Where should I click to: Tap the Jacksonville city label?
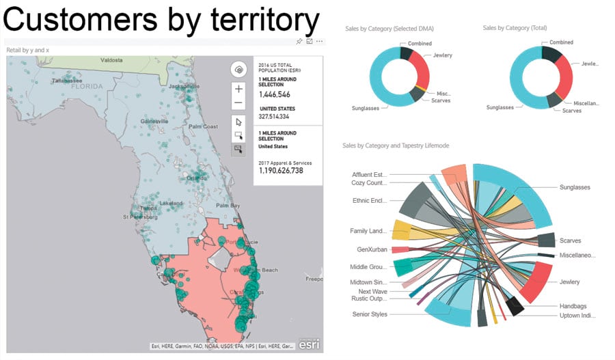pos(184,87)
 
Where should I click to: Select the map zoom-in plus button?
pos(238,89)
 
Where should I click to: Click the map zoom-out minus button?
pos(238,103)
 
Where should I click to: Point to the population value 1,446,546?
pos(274,94)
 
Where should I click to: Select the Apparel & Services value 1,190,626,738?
pos(280,170)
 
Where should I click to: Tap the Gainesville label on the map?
pos(154,121)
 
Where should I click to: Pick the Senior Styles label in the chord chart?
pos(370,314)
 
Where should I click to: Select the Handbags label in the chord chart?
pos(573,306)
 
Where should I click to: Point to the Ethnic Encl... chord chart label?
pos(369,201)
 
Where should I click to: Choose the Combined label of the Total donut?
pos(561,43)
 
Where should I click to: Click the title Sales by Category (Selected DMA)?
pos(388,28)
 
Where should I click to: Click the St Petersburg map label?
pos(139,217)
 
